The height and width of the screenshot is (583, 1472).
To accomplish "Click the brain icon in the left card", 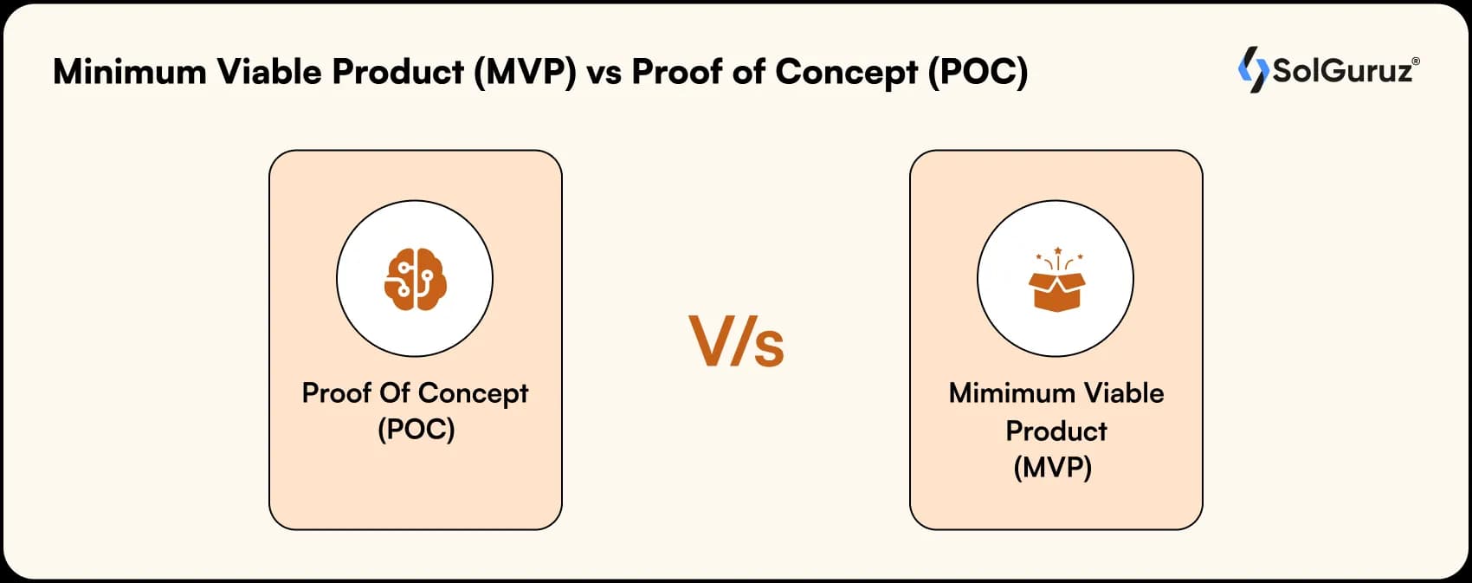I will [x=415, y=280].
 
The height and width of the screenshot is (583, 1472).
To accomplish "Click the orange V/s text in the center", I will [x=737, y=342].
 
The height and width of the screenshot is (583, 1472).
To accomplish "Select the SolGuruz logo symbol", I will [x=1252, y=69].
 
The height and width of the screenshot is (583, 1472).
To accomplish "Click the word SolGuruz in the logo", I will [x=1341, y=70].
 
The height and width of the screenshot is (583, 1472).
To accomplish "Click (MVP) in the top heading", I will [x=525, y=72].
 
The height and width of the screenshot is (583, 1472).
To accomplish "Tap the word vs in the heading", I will [x=604, y=73].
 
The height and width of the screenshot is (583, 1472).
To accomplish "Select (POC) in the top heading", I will [x=978, y=72].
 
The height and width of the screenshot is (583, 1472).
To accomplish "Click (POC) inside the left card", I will [x=416, y=430].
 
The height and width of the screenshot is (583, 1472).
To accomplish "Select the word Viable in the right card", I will [x=1124, y=393].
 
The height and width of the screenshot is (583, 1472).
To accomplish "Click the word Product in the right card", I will [x=1056, y=431].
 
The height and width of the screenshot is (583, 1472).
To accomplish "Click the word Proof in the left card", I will [x=337, y=393].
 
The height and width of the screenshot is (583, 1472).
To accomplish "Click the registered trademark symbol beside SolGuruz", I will [x=1416, y=62].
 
